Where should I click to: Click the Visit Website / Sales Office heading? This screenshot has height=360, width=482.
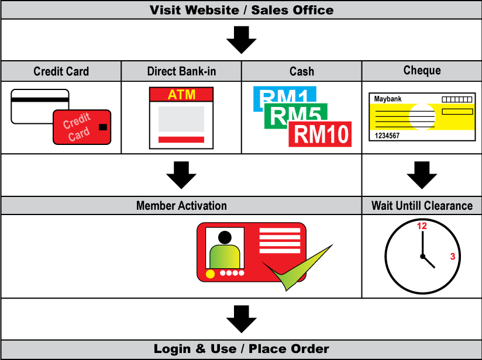(x=241, y=10)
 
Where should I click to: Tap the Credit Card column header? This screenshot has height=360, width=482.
(x=61, y=71)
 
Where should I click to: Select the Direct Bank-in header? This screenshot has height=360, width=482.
(x=181, y=71)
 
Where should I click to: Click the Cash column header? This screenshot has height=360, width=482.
(x=302, y=71)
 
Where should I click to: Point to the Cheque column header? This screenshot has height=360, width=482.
(x=422, y=70)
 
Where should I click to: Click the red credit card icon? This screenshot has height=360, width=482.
(x=82, y=127)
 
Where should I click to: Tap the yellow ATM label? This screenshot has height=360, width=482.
(x=181, y=95)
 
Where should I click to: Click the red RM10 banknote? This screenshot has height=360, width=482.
(x=321, y=134)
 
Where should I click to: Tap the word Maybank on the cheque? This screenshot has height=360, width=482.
(x=389, y=99)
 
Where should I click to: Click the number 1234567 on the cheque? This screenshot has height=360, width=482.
(x=387, y=136)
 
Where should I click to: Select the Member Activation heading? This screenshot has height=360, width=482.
(x=181, y=206)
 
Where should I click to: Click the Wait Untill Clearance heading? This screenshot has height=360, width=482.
(x=422, y=206)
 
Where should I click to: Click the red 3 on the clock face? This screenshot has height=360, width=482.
(x=452, y=256)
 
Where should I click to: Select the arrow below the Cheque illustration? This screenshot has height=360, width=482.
(x=422, y=175)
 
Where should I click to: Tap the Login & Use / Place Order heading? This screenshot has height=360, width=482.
(x=241, y=349)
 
